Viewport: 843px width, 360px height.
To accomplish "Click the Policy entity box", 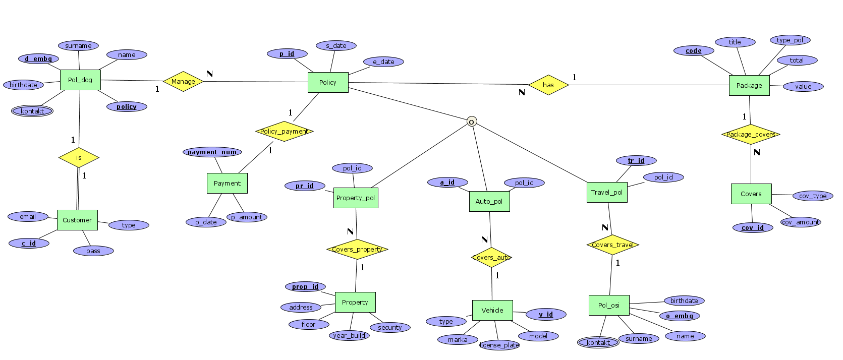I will pyautogui.click(x=328, y=82).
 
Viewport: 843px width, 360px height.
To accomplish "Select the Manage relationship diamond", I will pyautogui.click(x=183, y=81).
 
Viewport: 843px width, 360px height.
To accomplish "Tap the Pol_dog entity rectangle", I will pyautogui.click(x=80, y=80).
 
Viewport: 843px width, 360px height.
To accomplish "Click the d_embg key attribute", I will pyautogui.click(x=39, y=58).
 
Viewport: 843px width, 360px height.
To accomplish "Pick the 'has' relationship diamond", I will pyautogui.click(x=548, y=85).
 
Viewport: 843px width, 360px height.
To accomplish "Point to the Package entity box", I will pyautogui.click(x=749, y=85).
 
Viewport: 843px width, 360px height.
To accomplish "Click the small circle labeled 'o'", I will pyautogui.click(x=472, y=122).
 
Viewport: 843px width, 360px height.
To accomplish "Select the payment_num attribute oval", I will pyautogui.click(x=212, y=152).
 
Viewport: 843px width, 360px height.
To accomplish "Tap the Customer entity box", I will pyautogui.click(x=77, y=220).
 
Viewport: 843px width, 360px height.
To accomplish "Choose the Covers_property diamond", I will pyautogui.click(x=357, y=249).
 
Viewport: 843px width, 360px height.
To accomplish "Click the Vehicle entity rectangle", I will pyautogui.click(x=492, y=310).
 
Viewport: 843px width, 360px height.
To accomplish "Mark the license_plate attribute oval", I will pyautogui.click(x=499, y=345).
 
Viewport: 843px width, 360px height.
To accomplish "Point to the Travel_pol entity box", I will pyautogui.click(x=607, y=192).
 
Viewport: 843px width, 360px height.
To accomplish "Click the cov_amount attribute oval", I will pyautogui.click(x=801, y=222).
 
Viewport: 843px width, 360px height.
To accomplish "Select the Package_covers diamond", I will pyautogui.click(x=751, y=134).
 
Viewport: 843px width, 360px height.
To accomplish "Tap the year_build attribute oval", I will pyautogui.click(x=349, y=335).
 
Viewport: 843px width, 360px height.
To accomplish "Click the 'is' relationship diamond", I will pyautogui.click(x=79, y=157).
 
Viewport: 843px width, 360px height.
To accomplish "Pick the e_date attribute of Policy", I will pyautogui.click(x=383, y=62).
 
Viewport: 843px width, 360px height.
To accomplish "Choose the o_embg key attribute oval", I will pyautogui.click(x=680, y=316).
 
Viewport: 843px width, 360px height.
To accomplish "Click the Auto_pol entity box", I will pyautogui.click(x=489, y=201).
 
